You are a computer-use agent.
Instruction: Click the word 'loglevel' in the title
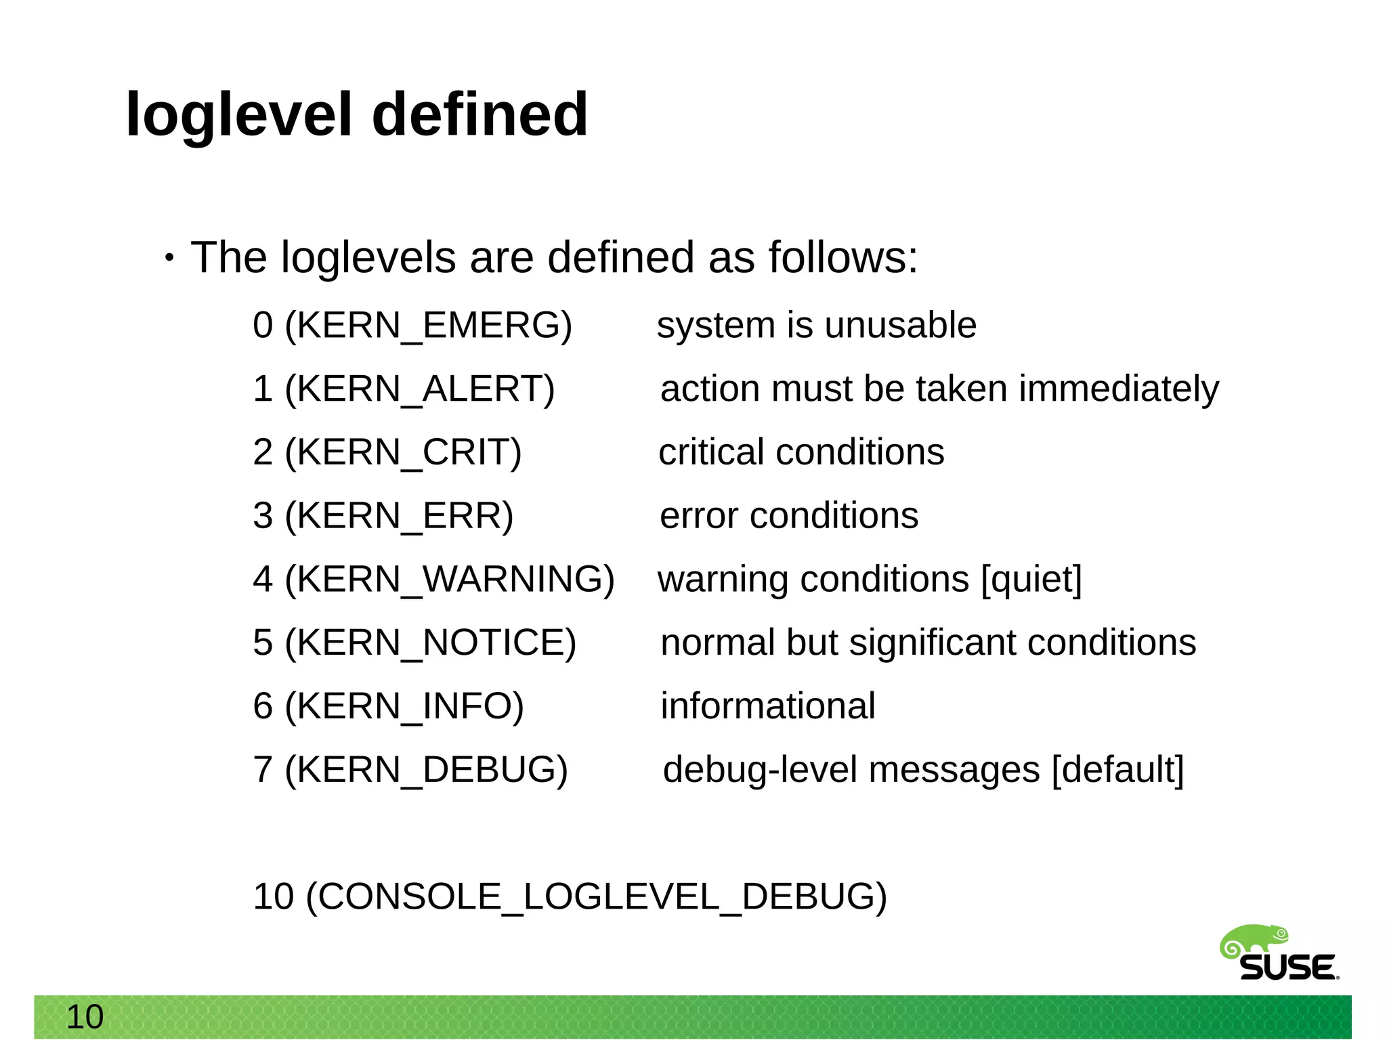pyautogui.click(x=239, y=115)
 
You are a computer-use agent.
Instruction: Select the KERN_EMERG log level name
pyautogui.click(x=428, y=326)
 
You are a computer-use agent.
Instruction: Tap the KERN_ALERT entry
pyautogui.click(x=419, y=389)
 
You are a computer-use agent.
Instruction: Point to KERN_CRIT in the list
pyautogui.click(x=403, y=452)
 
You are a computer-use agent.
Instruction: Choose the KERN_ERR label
pyautogui.click(x=399, y=516)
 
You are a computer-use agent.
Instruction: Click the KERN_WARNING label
pyautogui.click(x=449, y=580)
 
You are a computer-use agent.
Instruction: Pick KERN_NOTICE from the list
pyautogui.click(x=430, y=643)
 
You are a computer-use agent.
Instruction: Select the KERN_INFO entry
pyautogui.click(x=404, y=706)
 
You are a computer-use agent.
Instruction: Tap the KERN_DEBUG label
pyautogui.click(x=426, y=770)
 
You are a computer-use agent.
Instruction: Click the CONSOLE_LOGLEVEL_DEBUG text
pyautogui.click(x=596, y=897)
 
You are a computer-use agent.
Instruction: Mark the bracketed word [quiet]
pyautogui.click(x=1031, y=580)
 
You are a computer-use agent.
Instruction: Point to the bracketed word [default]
pyautogui.click(x=1117, y=770)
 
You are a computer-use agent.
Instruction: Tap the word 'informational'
pyautogui.click(x=768, y=706)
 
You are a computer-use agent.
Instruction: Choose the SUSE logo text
pyautogui.click(x=1287, y=968)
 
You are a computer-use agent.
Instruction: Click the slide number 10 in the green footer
pyautogui.click(x=85, y=1017)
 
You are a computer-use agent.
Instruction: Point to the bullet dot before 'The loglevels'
pyautogui.click(x=169, y=258)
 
